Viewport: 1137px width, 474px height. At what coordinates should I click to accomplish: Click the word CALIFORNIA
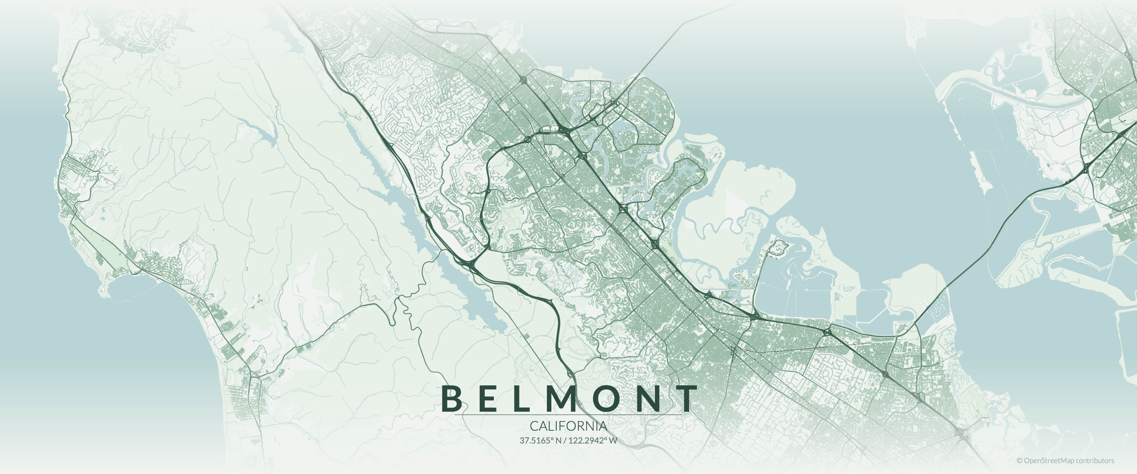point(568,426)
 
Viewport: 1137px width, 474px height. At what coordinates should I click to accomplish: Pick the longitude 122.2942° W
point(593,440)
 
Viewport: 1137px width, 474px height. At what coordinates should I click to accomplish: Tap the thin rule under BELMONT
point(568,415)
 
